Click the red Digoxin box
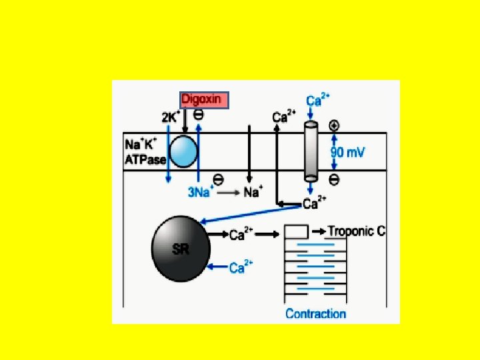[204, 100]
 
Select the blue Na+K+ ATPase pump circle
[183, 151]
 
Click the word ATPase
[145, 159]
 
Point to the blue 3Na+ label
[200, 191]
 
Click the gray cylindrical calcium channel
[311, 151]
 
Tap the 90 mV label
[348, 152]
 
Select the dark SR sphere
[181, 249]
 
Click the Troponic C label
[356, 231]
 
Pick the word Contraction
[315, 314]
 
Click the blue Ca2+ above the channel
[318, 100]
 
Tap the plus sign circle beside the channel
[334, 126]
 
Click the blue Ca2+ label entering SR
[241, 267]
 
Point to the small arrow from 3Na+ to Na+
[229, 193]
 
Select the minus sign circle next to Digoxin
[199, 115]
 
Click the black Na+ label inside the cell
[253, 191]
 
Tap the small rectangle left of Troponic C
[296, 232]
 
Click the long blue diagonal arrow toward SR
[251, 214]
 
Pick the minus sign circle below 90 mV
[334, 180]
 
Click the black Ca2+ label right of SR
[241, 235]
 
